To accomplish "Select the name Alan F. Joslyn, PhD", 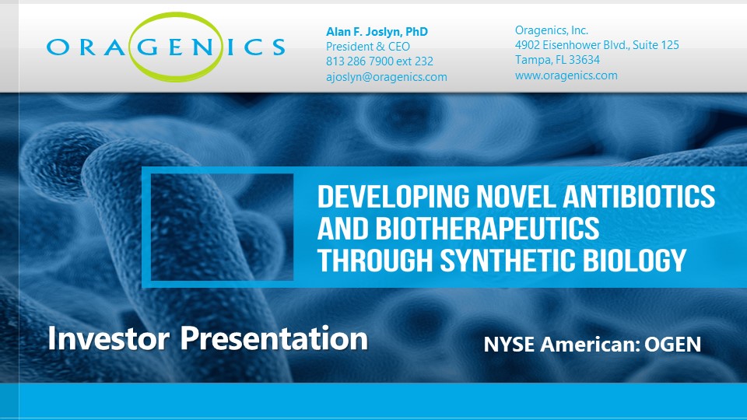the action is click(377, 32).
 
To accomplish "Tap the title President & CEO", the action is click(368, 47).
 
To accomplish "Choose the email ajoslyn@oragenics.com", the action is click(387, 77).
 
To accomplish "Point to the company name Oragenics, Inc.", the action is click(552, 30).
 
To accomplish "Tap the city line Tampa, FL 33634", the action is click(557, 60).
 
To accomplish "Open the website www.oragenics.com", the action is click(566, 75).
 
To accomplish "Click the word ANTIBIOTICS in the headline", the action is click(639, 196).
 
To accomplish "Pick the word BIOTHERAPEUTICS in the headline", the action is click(487, 228).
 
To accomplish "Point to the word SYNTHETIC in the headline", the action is click(507, 260).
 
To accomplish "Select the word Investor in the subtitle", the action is click(109, 338).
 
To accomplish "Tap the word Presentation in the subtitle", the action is click(274, 338).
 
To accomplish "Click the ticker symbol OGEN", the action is click(672, 345).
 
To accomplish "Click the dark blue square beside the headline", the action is click(222, 227).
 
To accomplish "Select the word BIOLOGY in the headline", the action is click(635, 260).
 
